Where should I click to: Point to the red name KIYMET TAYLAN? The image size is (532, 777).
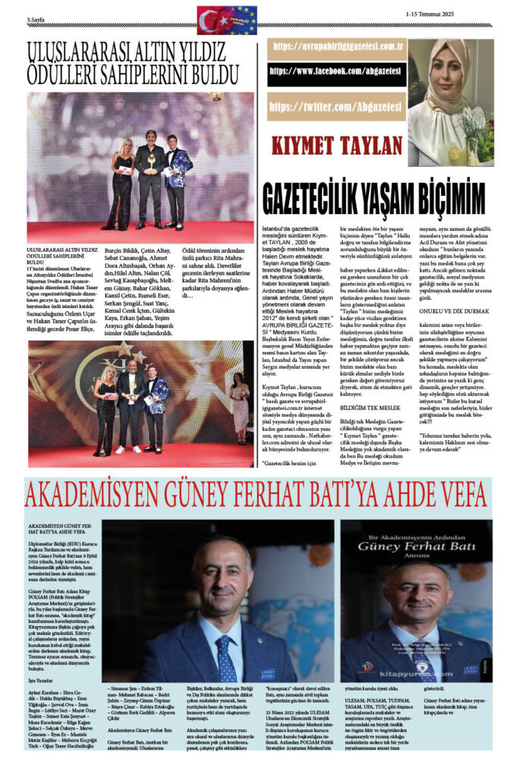(x=334, y=146)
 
